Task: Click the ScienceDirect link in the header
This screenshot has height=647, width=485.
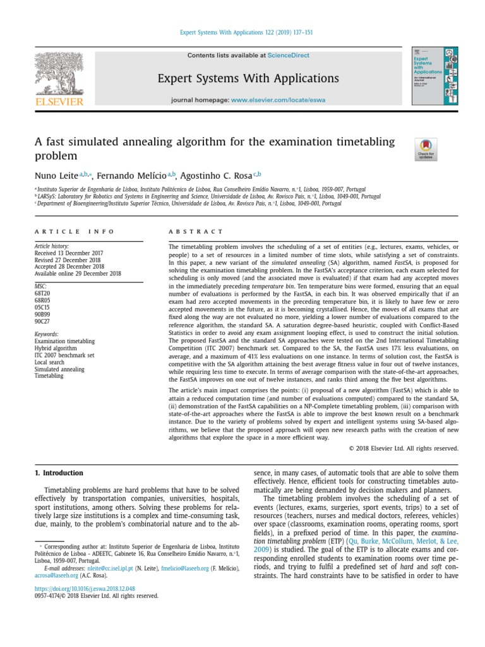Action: pos(288,56)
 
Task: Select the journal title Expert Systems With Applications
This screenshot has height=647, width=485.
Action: pos(248,78)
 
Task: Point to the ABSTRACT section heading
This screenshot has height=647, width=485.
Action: pos(196,233)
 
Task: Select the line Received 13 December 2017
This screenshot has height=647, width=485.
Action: pos(68,253)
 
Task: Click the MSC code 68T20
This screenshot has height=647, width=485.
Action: pos(42,293)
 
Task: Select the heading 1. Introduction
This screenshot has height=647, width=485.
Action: pos(58,473)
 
